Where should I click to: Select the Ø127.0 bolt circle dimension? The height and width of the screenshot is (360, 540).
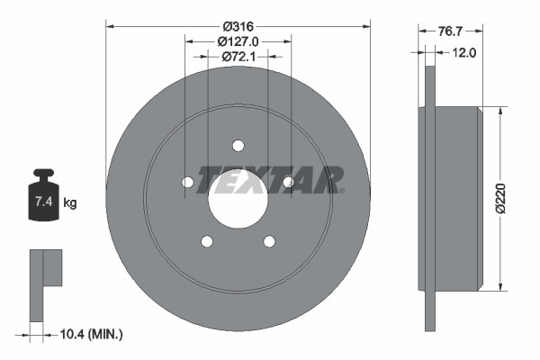238,40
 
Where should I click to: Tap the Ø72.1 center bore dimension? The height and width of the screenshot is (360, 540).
238,56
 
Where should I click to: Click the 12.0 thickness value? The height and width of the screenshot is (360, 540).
464,52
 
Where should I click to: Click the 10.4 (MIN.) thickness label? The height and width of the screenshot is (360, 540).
89,334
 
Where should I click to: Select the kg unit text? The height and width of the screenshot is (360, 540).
70,202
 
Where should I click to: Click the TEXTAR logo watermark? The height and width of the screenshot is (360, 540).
270,179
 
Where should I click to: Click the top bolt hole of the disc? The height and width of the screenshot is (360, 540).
238,146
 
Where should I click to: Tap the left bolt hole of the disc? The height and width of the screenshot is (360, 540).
187,183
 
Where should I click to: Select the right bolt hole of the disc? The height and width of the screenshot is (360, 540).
288,183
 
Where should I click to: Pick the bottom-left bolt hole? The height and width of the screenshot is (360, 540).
207,241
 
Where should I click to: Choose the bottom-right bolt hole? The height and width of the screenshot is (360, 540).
269,241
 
